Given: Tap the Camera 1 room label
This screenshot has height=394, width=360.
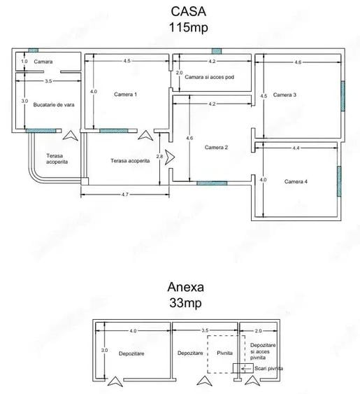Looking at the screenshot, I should pyautogui.click(x=125, y=94).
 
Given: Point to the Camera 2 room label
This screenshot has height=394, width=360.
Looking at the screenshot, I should pyautogui.click(x=216, y=148).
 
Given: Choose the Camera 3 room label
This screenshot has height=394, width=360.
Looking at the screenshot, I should pyautogui.click(x=285, y=94).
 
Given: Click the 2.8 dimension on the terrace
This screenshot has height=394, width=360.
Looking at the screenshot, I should pyautogui.click(x=160, y=156).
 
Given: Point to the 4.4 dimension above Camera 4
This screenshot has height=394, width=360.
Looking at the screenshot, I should pyautogui.click(x=296, y=148).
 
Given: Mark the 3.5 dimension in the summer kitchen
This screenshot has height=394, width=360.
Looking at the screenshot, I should pyautogui.click(x=48, y=82).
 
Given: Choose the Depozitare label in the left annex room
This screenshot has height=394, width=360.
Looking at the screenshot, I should pyautogui.click(x=131, y=354).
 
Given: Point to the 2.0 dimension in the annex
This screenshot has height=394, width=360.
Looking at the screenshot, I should pyautogui.click(x=258, y=330).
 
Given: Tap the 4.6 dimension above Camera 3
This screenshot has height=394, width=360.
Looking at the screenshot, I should pyautogui.click(x=298, y=62).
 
